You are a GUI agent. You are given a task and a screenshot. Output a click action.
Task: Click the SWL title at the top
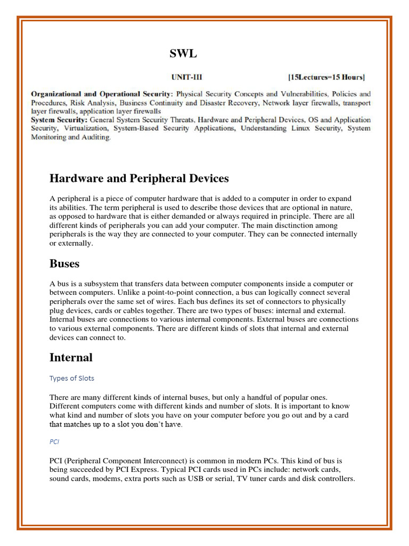(x=183, y=53)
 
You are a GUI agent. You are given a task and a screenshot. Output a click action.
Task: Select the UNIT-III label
(x=186, y=77)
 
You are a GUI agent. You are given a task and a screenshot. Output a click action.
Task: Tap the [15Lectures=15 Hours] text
(x=326, y=77)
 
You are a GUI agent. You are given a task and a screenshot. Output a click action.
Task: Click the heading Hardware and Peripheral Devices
(x=139, y=178)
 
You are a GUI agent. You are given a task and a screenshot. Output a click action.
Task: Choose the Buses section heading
(x=64, y=263)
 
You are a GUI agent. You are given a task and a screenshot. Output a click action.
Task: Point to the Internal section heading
(x=71, y=357)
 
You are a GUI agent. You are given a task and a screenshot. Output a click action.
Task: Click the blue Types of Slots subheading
(x=72, y=379)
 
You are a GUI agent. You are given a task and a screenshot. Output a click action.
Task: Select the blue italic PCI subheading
(x=54, y=441)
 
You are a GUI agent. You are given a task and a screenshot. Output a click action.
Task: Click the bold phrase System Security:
(x=61, y=120)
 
